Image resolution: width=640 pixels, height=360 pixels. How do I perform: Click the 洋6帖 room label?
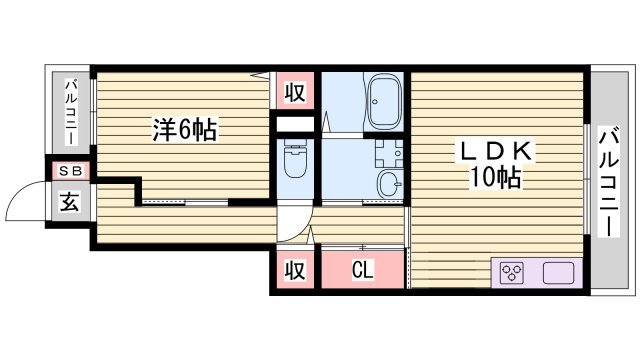coord(184,129)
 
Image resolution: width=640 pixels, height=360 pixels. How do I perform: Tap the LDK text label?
coord(496,152)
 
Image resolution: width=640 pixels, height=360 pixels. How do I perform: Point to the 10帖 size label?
coord(496,178)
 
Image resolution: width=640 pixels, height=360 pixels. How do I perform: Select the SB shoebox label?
coord(70,171)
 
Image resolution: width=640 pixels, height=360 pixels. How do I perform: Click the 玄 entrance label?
coord(69,202)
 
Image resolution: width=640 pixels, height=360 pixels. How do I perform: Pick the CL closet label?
coord(362,269)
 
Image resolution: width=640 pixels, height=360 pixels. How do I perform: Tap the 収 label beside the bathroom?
coord(295,91)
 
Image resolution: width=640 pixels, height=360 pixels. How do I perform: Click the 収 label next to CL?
coord(295,269)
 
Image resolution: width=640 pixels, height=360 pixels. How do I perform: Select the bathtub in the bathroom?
coord(384,101)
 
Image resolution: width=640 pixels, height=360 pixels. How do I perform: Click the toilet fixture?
coord(295,159)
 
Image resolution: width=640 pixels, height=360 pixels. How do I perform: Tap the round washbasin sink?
coord(390,183)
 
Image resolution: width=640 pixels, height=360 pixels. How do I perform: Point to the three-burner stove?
coord(512,272)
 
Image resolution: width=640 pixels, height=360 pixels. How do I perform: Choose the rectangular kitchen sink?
coord(558,272)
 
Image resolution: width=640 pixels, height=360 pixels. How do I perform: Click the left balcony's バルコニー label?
coord(72,112)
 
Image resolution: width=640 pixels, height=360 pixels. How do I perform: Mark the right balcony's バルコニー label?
coord(609,182)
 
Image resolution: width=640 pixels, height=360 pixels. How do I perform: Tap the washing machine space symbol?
coord(389,153)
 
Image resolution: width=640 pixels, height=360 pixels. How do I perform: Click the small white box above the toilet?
coord(295,124)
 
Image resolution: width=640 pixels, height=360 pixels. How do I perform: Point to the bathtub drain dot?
coord(374,102)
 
